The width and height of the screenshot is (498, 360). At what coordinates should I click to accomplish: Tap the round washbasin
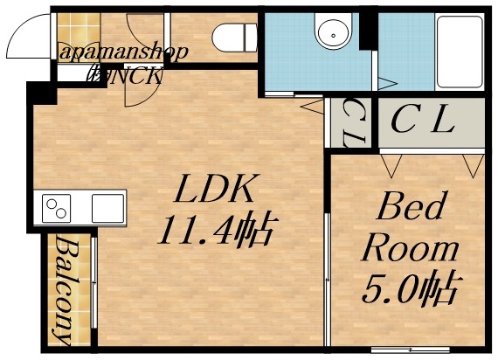pyautogui.click(x=332, y=34)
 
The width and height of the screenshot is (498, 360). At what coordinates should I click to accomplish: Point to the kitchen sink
pyautogui.click(x=107, y=209)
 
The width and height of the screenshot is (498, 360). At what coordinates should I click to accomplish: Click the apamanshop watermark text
pyautogui.click(x=123, y=52)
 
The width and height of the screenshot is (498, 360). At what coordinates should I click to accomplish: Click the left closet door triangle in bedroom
pyautogui.click(x=390, y=163)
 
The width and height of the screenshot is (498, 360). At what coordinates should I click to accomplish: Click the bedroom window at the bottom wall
pyautogui.click(x=398, y=349)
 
